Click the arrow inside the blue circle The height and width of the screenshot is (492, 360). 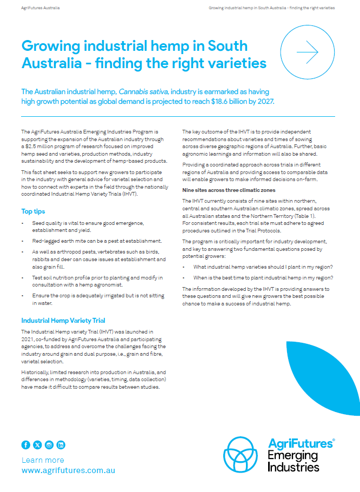pyautogui.click(x=307, y=52)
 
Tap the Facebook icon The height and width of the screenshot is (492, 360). pyautogui.click(x=25, y=445)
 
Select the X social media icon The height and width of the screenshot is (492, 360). pyautogui.click(x=37, y=445)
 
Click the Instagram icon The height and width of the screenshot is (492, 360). pyautogui.click(x=49, y=445)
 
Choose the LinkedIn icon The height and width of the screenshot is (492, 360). pyautogui.click(x=61, y=445)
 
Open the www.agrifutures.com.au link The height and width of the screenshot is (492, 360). pyautogui.click(x=68, y=470)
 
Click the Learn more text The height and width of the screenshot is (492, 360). pyautogui.click(x=43, y=460)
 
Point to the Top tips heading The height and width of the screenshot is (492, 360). pyautogui.click(x=33, y=211)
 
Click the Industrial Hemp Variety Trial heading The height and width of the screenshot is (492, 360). pyautogui.click(x=63, y=320)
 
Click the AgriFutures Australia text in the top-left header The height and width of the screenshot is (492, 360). pyautogui.click(x=41, y=8)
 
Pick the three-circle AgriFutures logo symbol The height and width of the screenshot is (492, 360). pyautogui.click(x=244, y=455)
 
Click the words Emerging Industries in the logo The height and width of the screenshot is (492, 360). pyautogui.click(x=294, y=461)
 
